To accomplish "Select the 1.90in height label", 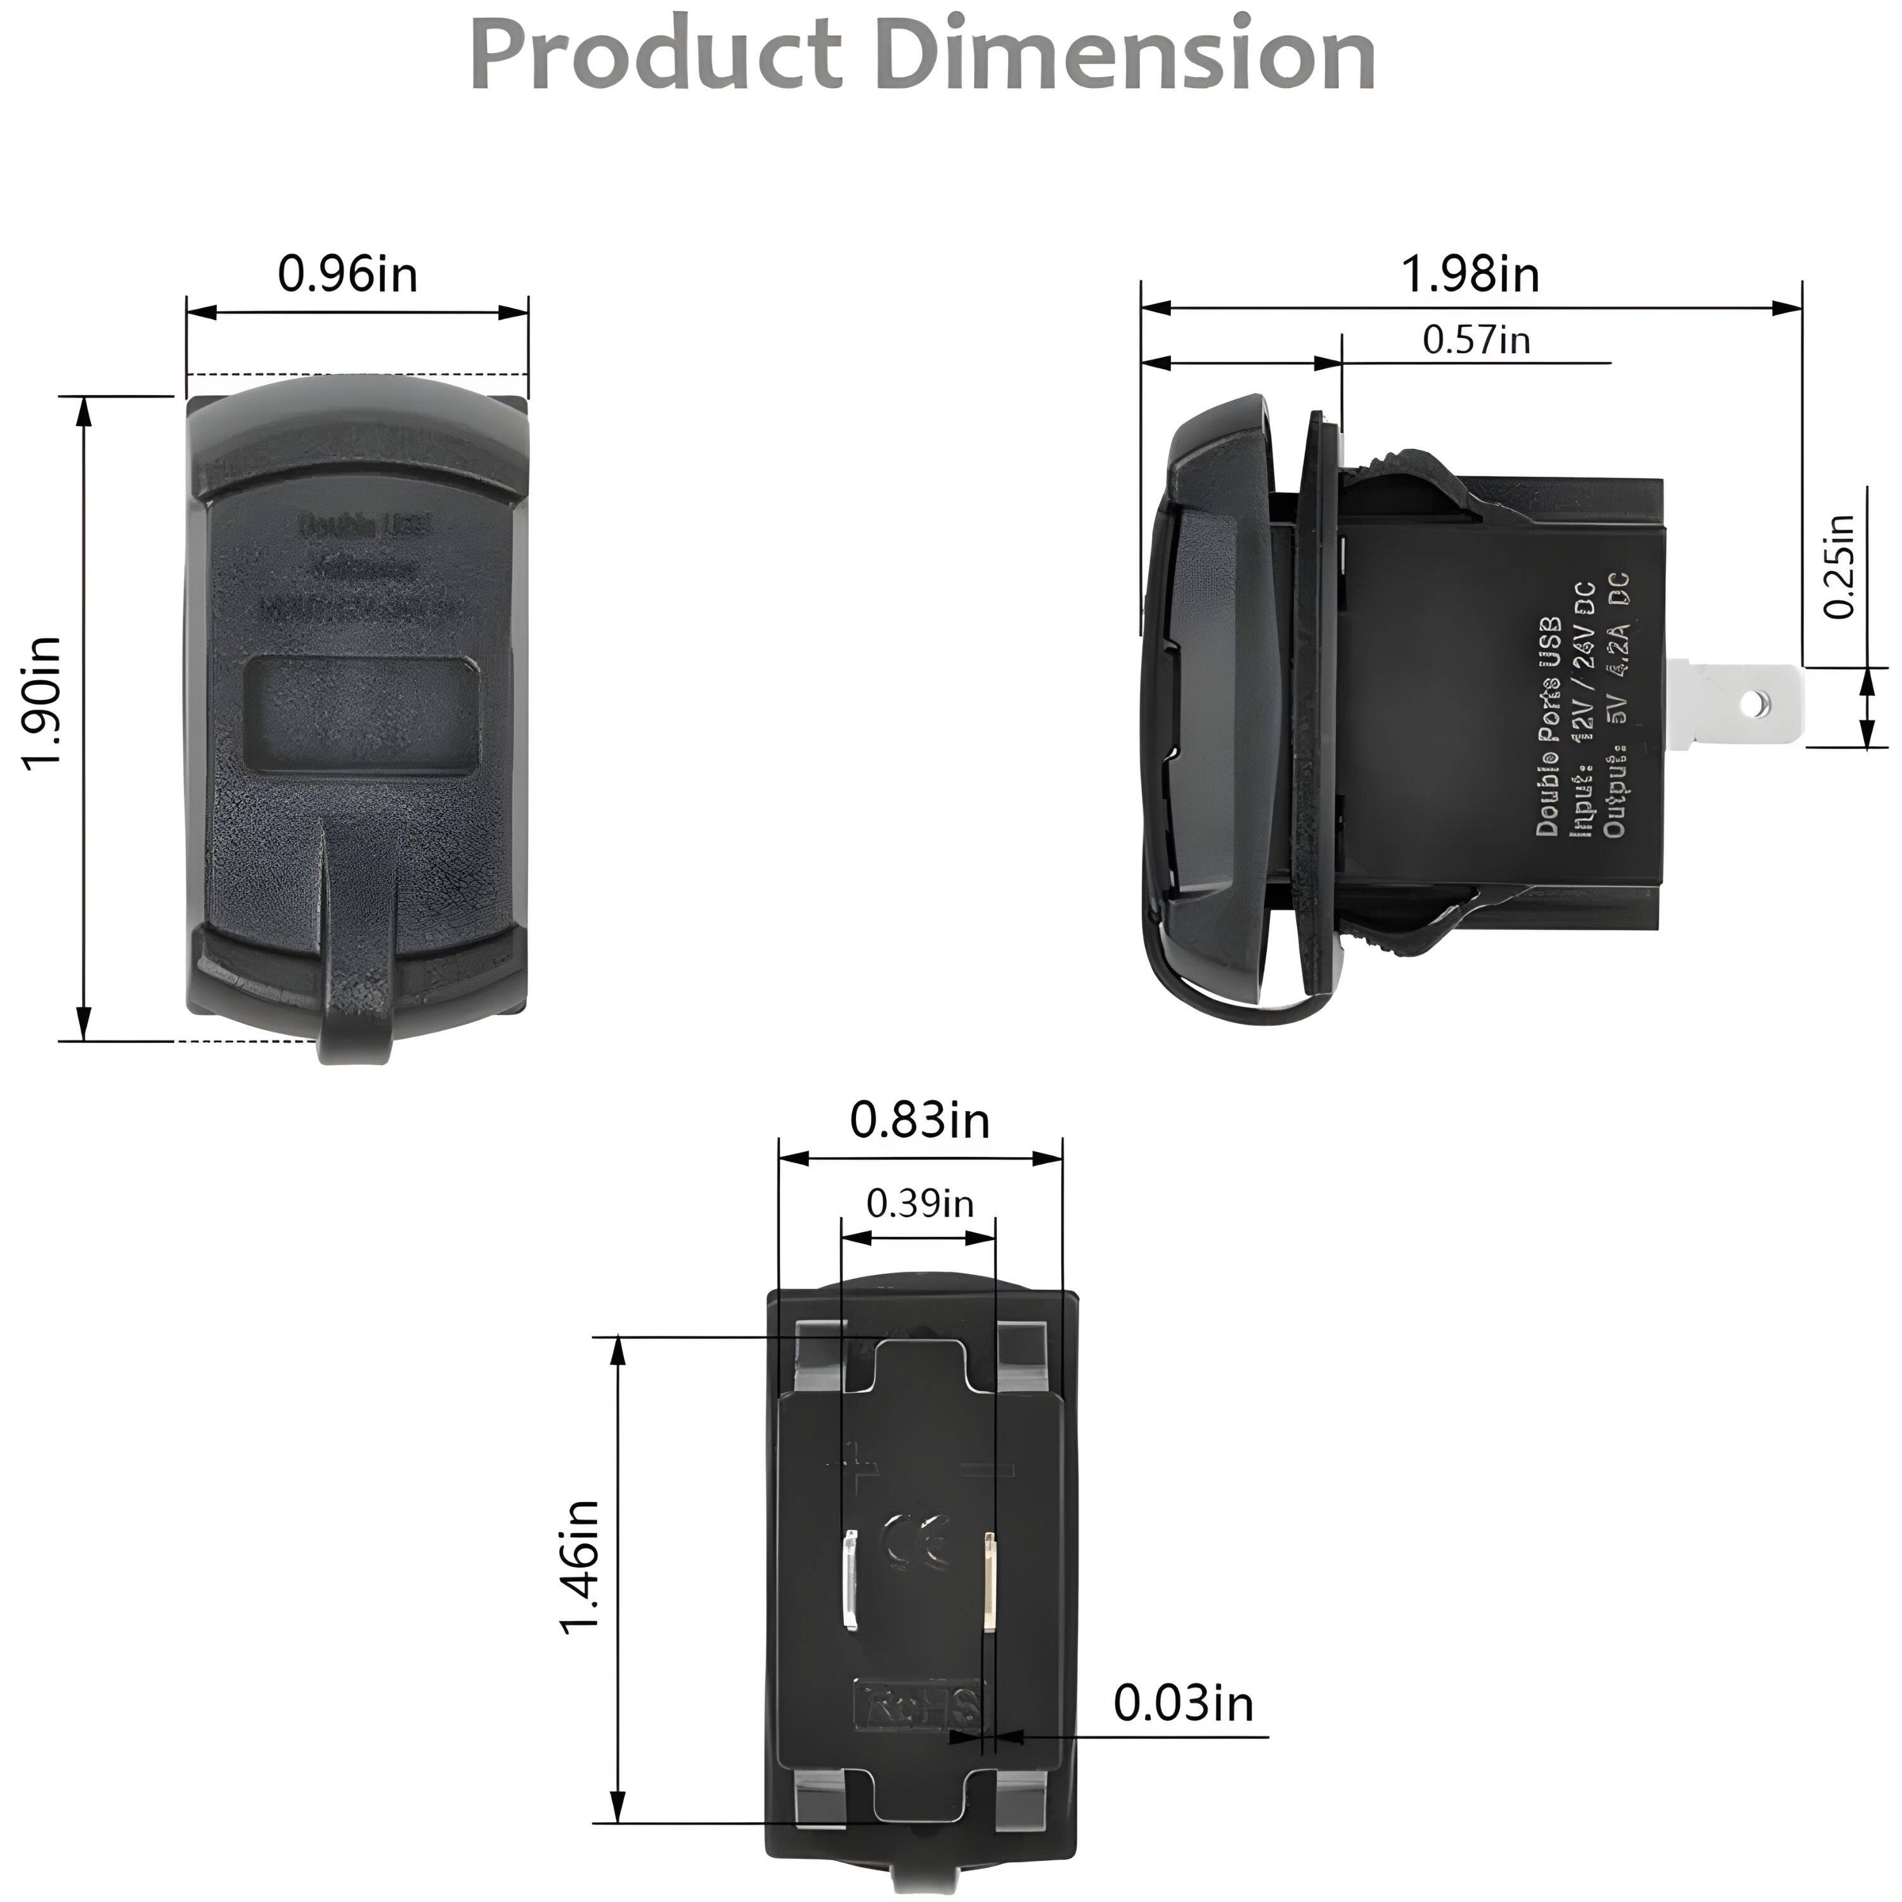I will click(x=43, y=716).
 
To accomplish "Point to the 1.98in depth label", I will click(x=1470, y=274).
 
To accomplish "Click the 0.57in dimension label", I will click(x=1476, y=340).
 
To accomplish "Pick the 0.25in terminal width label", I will click(x=1839, y=568).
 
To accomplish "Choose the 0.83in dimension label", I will click(x=919, y=1122).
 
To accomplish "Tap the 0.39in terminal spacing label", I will click(x=919, y=1203).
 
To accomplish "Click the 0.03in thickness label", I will click(x=1183, y=1704).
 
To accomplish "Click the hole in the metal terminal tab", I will click(x=1750, y=703).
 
